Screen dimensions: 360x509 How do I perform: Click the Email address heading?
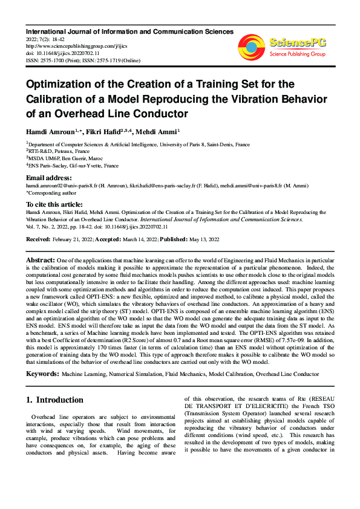coord(48,178)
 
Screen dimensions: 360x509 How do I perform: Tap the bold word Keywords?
coord(42,374)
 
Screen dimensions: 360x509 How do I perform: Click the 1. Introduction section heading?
coord(54,400)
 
